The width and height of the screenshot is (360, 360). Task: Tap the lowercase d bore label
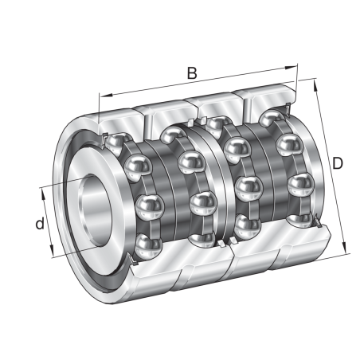coord(37,225)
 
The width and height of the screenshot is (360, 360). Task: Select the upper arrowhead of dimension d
coord(43,190)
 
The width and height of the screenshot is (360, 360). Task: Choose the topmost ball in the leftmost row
coord(124,144)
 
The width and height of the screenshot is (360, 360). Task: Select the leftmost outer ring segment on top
coord(119,112)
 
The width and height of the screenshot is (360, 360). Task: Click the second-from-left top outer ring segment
coord(167,108)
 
